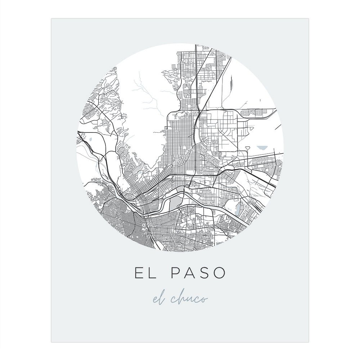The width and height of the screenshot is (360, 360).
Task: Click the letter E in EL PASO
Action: click(x=139, y=273)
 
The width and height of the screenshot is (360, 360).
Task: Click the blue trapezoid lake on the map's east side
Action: click(x=263, y=148)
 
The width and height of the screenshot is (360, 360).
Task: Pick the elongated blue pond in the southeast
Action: click(x=238, y=208)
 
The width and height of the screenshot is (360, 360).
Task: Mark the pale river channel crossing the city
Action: click(x=202, y=205)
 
